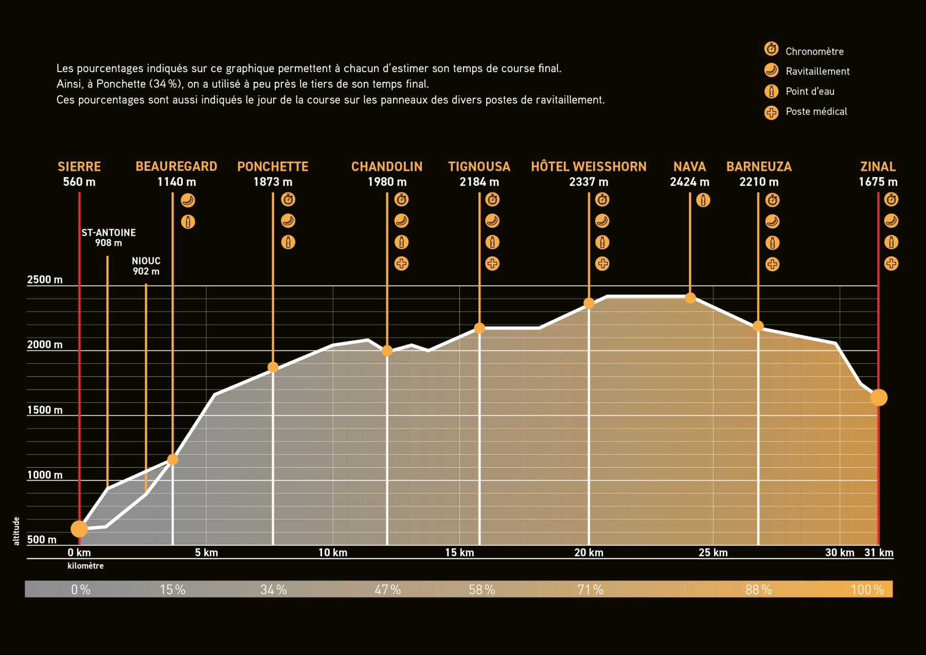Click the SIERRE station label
(79, 167)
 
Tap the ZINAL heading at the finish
(878, 167)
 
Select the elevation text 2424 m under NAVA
(689, 182)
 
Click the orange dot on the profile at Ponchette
(273, 367)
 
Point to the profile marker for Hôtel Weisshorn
(589, 303)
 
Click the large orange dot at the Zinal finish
(879, 397)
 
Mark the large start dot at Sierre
(79, 528)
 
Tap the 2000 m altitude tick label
(45, 345)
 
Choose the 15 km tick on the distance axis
(459, 553)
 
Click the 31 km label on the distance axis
(879, 553)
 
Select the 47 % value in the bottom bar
(387, 590)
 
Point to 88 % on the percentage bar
(758, 590)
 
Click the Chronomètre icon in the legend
(771, 49)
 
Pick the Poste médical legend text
(816, 112)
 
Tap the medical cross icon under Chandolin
(401, 263)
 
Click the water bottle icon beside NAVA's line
(703, 200)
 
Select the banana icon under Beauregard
(188, 200)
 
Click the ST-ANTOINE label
(109, 233)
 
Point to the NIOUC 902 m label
(146, 266)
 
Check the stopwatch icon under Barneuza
(772, 200)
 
